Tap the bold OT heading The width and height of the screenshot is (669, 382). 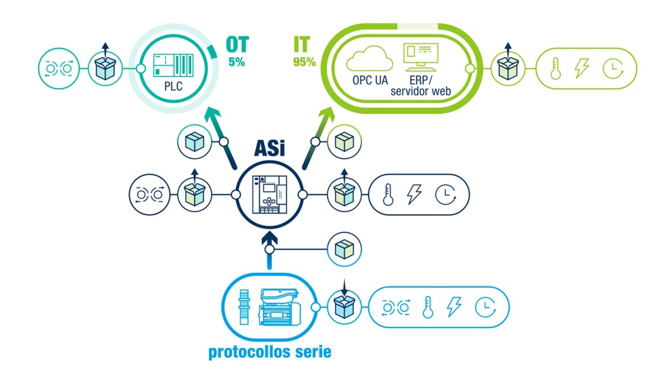pyautogui.click(x=238, y=45)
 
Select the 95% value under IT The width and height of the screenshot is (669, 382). pyautogui.click(x=304, y=62)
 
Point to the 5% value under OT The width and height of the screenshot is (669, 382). pyautogui.click(x=238, y=62)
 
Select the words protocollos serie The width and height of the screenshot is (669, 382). pyautogui.click(x=270, y=353)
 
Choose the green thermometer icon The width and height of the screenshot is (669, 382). pyautogui.click(x=555, y=69)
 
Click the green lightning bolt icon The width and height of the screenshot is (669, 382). pyautogui.click(x=582, y=69)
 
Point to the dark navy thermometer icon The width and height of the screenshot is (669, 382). pyautogui.click(x=388, y=194)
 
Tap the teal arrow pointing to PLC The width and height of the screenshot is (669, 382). pyautogui.click(x=220, y=123)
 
